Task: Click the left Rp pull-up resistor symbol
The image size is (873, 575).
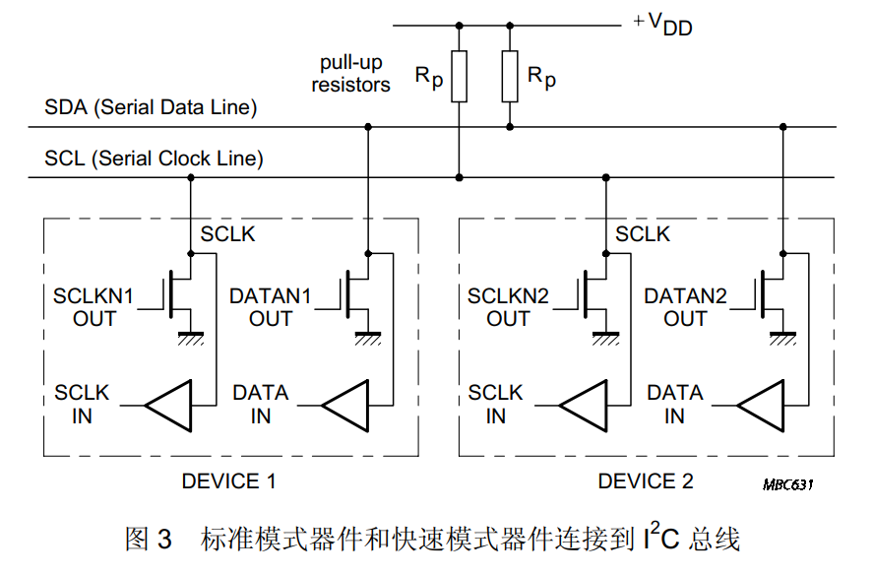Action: point(459,76)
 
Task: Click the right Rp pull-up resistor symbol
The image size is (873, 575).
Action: point(510,76)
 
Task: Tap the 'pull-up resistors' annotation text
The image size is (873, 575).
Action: point(350,74)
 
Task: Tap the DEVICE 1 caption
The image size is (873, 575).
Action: point(228,481)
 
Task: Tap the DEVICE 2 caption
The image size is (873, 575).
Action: point(646,481)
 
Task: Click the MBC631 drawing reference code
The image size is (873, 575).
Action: point(787,485)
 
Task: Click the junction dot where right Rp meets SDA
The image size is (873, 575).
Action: point(510,127)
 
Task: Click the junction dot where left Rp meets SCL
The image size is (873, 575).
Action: point(459,178)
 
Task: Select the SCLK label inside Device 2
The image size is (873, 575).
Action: point(643,234)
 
